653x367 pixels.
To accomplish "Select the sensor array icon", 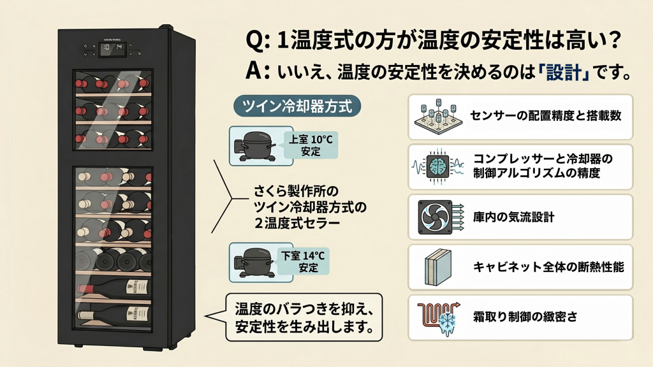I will click(438, 117).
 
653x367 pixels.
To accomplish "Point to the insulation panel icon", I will click(438, 266).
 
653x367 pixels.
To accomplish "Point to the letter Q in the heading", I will click(256, 42).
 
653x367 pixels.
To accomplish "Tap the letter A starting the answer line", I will click(255, 71).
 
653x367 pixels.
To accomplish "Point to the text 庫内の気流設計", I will click(513, 217).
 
